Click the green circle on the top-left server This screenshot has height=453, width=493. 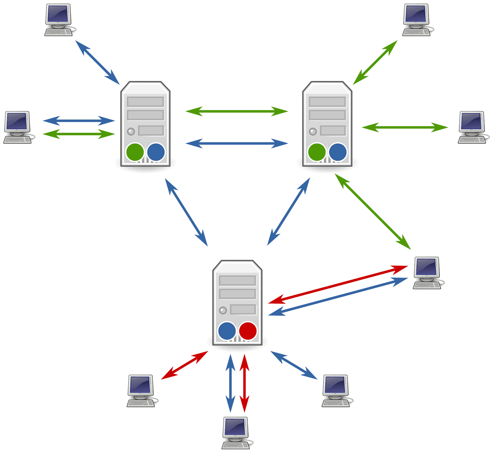point(135,152)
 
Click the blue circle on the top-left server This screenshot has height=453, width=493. point(156,152)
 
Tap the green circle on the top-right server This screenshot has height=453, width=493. point(317,152)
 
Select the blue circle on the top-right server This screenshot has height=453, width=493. point(338,152)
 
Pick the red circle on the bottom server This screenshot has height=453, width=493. point(248,331)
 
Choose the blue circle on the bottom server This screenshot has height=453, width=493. point(227,331)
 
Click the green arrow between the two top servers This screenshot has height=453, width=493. point(237,111)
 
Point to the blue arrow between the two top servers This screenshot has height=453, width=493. point(237,143)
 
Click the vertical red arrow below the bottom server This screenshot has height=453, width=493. point(244,383)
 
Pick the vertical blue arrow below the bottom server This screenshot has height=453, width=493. point(230,383)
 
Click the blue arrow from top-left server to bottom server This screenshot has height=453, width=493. point(186,213)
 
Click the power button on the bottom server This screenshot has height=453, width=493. point(223,310)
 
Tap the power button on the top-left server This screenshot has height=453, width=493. point(131,132)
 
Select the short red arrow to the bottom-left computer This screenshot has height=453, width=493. point(185,365)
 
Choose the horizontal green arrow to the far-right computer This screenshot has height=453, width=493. point(405,127)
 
